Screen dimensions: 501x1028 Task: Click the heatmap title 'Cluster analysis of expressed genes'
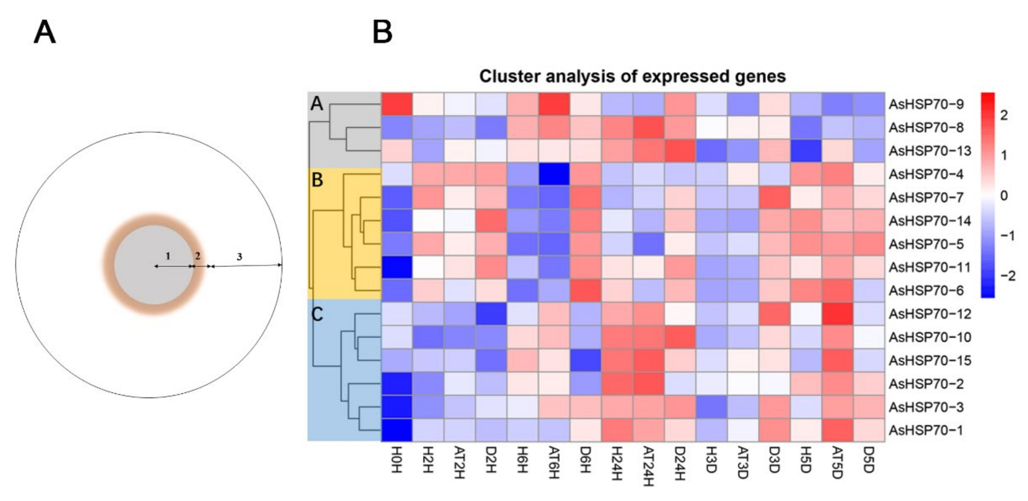pyautogui.click(x=632, y=76)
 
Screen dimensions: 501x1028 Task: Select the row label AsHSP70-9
pyautogui.click(x=926, y=104)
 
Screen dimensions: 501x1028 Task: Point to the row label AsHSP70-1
pyautogui.click(x=926, y=430)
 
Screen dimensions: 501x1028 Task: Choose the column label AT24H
pyautogui.click(x=648, y=467)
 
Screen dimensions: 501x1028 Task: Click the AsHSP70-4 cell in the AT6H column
pyautogui.click(x=554, y=174)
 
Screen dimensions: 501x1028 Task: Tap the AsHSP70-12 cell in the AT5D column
pyautogui.click(x=837, y=314)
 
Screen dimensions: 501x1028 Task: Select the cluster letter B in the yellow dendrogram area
pyautogui.click(x=317, y=180)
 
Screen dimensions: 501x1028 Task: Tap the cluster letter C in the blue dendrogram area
pyautogui.click(x=317, y=315)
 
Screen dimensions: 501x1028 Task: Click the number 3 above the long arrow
pyautogui.click(x=239, y=257)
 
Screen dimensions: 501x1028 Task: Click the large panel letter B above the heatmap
pyautogui.click(x=382, y=33)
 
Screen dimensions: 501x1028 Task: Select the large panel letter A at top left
pyautogui.click(x=44, y=33)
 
